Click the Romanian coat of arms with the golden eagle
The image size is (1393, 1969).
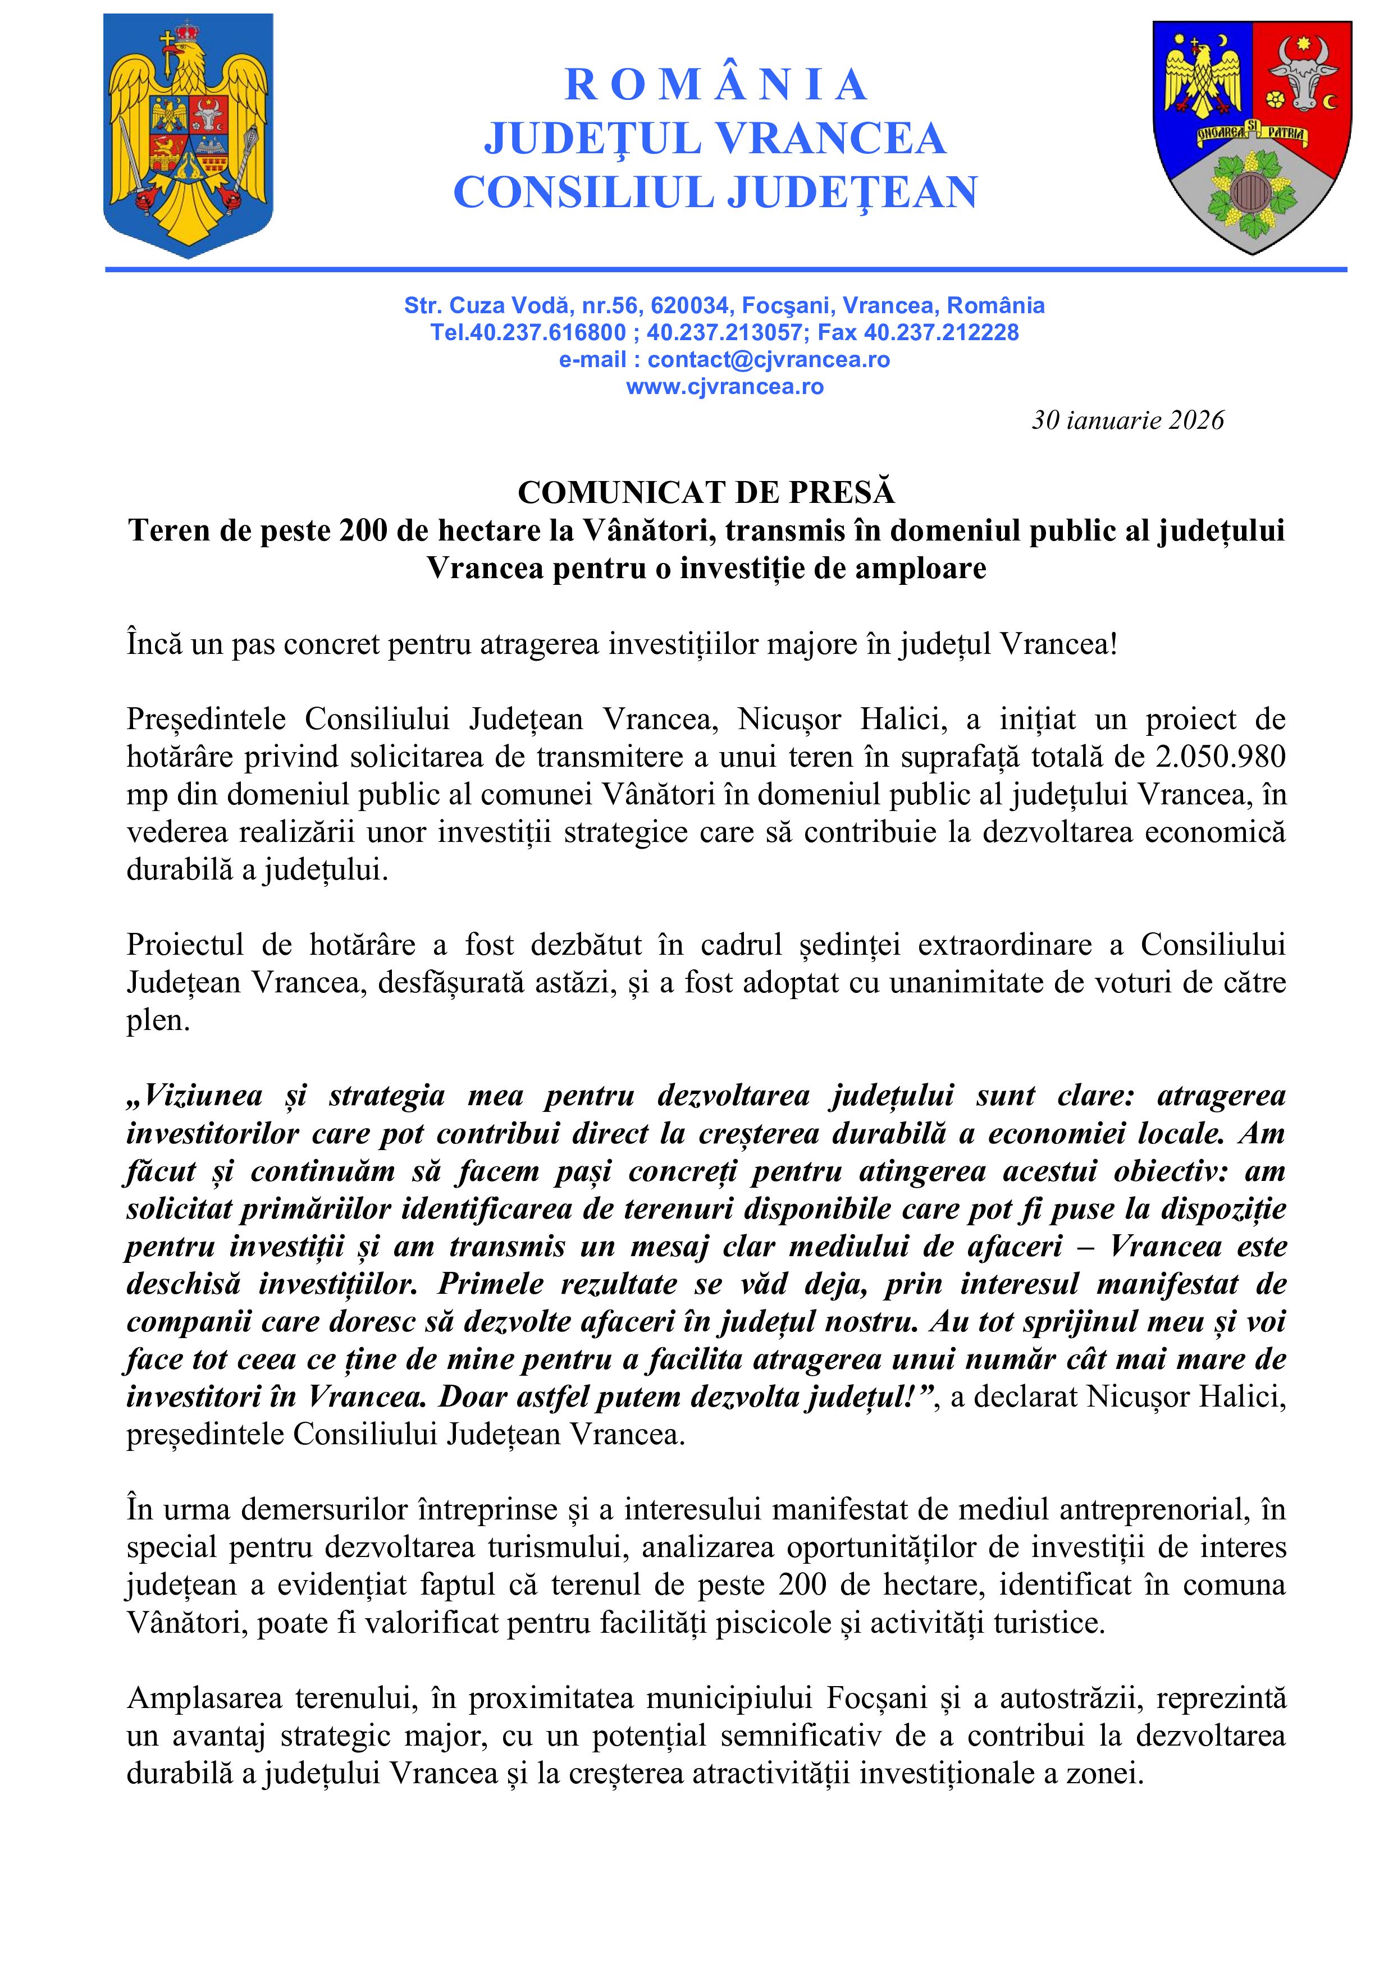188,135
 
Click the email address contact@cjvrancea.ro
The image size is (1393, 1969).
768,359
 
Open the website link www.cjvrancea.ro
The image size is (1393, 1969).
725,387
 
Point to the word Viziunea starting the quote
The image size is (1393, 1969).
202,1096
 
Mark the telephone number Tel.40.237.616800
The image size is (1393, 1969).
528,333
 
